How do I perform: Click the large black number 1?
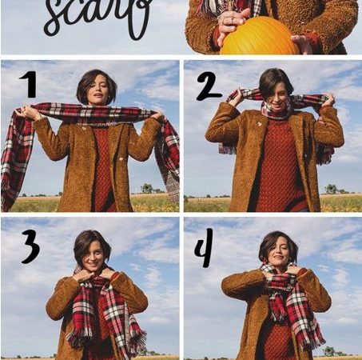(x=30, y=84)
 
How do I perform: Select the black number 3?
(x=30, y=246)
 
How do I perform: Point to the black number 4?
(x=205, y=248)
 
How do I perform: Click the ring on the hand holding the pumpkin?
(x=232, y=19)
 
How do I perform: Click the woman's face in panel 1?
(x=99, y=90)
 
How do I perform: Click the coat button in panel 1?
(x=121, y=159)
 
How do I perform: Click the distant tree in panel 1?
(x=147, y=188)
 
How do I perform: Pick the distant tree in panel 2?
(x=331, y=189)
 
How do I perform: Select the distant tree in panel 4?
(x=329, y=350)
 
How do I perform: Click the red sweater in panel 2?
(x=278, y=166)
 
